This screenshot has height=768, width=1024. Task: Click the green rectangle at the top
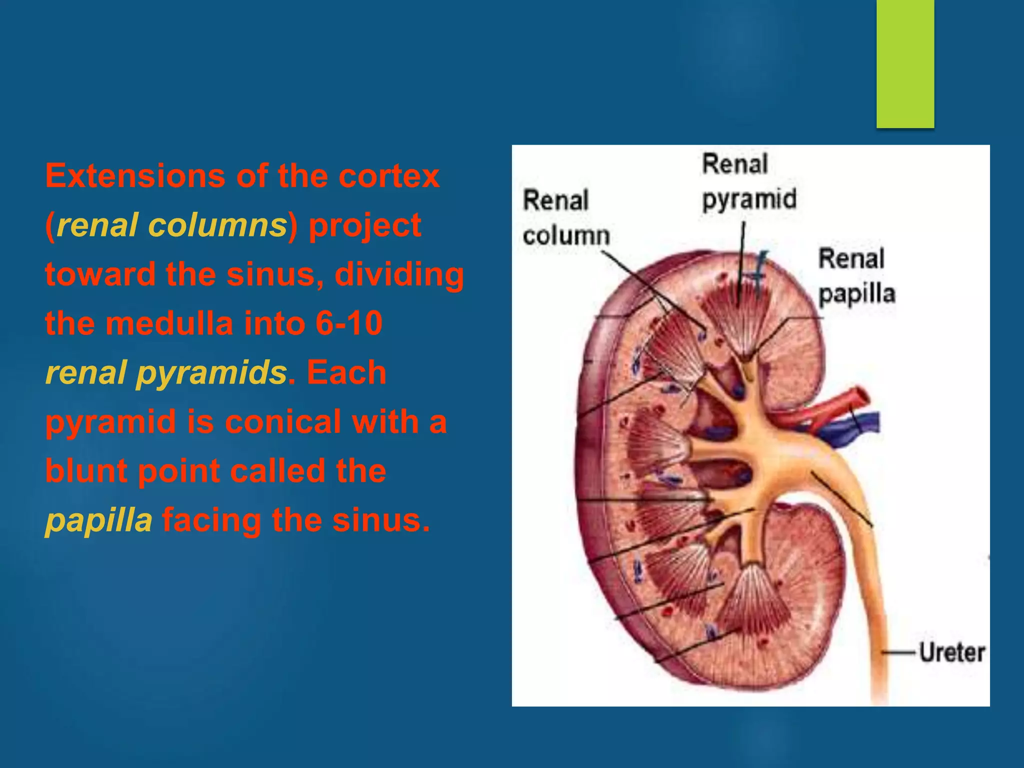point(905,63)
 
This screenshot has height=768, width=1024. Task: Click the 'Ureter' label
point(952,652)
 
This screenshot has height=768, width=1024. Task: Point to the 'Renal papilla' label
point(856,276)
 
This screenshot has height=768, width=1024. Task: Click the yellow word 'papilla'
point(98,520)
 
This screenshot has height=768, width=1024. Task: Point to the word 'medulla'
point(169,323)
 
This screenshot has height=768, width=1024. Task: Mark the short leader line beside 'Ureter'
point(898,652)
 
